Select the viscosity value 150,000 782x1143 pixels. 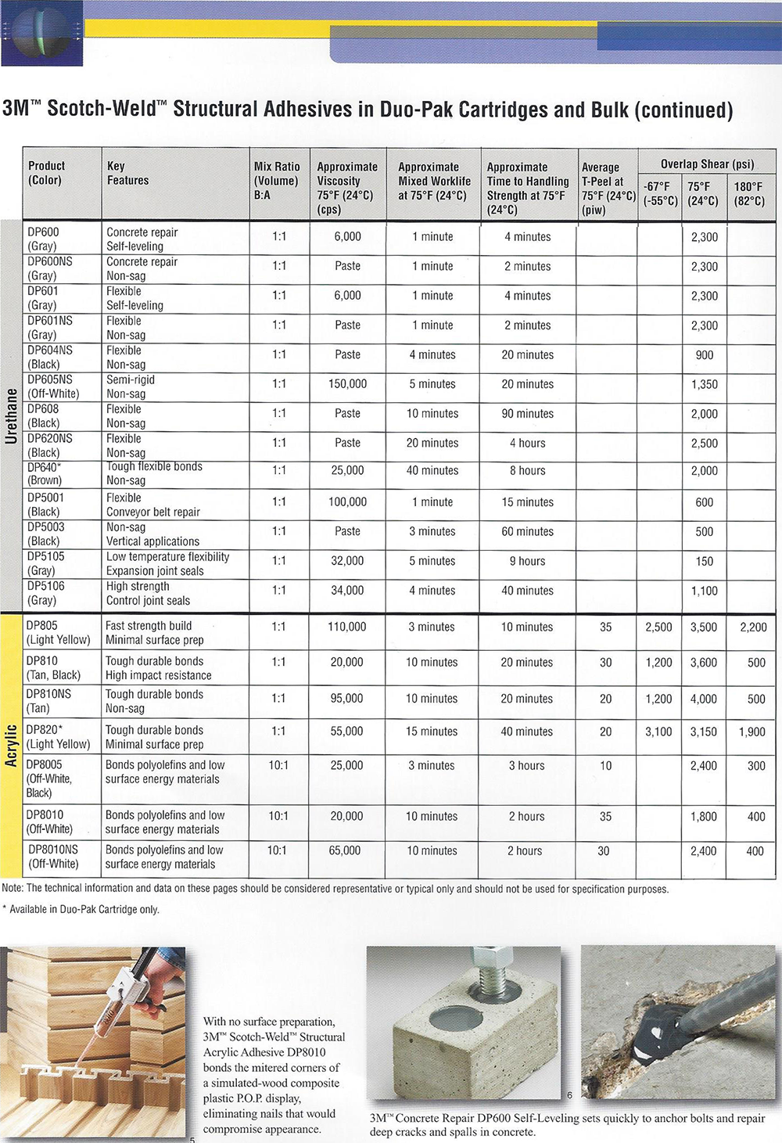click(x=348, y=384)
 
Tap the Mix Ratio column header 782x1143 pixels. click(x=277, y=181)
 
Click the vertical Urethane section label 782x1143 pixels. click(x=11, y=415)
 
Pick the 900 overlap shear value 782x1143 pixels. click(x=704, y=355)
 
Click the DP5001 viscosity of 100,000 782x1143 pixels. click(x=348, y=502)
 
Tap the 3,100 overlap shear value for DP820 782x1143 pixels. click(x=658, y=731)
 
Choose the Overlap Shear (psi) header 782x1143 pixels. click(x=707, y=164)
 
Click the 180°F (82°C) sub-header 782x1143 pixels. click(x=748, y=193)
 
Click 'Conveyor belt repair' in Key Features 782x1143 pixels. click(x=153, y=512)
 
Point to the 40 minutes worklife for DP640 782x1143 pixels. click(x=432, y=471)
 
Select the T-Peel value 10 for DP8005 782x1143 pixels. click(x=605, y=766)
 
